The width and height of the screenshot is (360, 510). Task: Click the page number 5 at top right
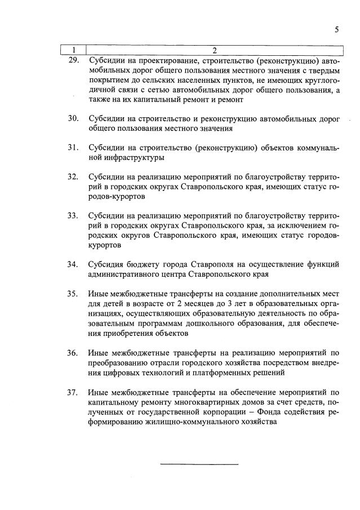point(336,30)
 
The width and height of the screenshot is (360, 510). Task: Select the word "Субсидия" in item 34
point(105,264)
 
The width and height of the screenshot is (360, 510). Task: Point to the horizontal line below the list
point(199,464)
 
